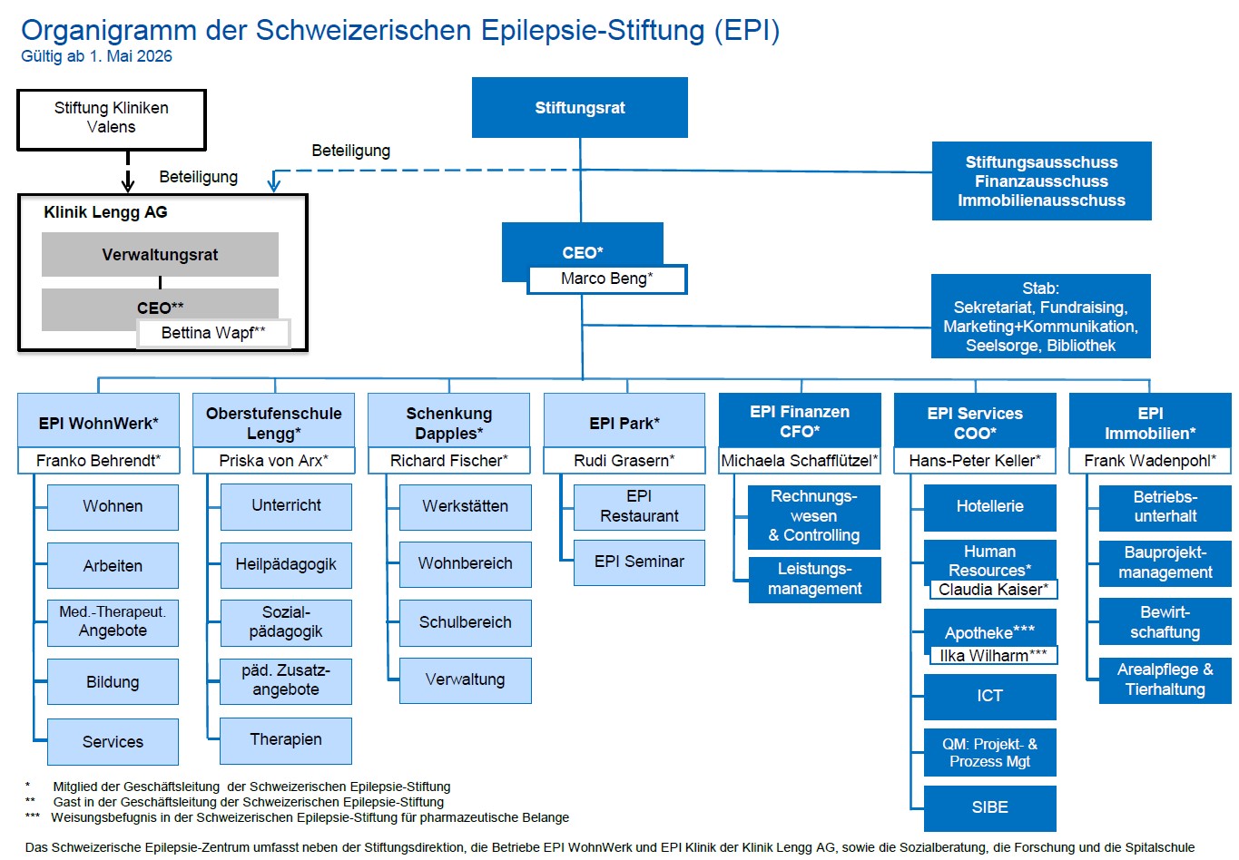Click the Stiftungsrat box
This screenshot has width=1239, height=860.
click(580, 107)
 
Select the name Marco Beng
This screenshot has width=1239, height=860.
click(606, 279)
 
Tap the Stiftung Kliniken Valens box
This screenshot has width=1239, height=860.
click(111, 120)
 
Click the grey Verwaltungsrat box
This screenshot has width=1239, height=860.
click(160, 254)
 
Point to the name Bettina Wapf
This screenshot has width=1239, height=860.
click(213, 333)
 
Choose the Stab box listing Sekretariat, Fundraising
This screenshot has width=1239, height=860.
click(1040, 316)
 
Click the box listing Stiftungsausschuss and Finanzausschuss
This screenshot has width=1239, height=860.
click(1041, 181)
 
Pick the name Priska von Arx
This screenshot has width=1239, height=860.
click(274, 461)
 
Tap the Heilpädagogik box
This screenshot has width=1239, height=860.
click(286, 564)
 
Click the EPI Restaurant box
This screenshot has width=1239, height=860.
click(639, 507)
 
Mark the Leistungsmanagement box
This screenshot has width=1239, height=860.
click(815, 579)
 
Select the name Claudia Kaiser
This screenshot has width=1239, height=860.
click(993, 590)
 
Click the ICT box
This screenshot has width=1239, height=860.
click(989, 697)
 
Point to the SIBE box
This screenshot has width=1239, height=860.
click(989, 808)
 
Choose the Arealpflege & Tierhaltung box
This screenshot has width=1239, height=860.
click(1165, 680)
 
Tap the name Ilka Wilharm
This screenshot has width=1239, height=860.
click(993, 656)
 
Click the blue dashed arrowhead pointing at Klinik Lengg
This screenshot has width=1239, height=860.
click(274, 182)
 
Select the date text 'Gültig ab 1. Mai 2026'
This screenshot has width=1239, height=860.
click(96, 56)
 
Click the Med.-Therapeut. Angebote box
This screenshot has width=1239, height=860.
click(113, 622)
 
